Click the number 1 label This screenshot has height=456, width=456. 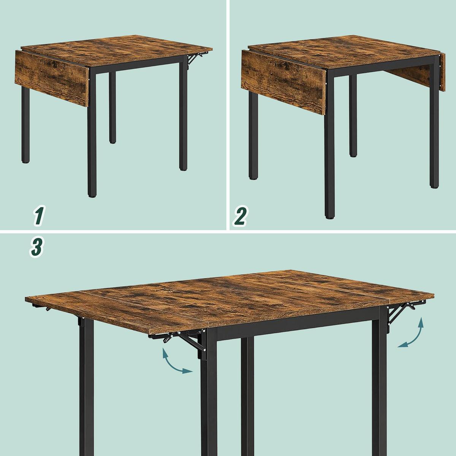tap(38, 215)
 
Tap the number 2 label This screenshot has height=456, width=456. tap(240, 215)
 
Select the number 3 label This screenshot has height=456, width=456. tap(36, 247)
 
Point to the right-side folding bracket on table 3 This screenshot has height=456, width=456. tap(399, 315)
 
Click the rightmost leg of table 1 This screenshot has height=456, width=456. tap(183, 114)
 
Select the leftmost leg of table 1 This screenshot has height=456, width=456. tap(25, 125)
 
